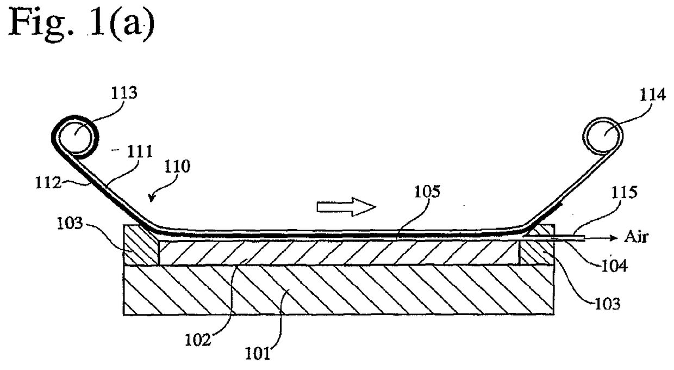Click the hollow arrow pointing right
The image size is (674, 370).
pyautogui.click(x=346, y=206)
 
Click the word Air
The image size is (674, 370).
pyautogui.click(x=635, y=238)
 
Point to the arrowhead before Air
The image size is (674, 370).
pyautogui.click(x=614, y=238)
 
